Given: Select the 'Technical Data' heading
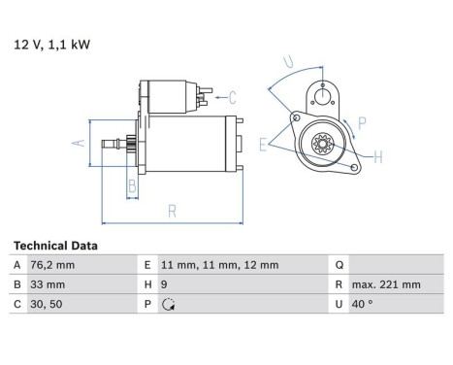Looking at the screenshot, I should [x=55, y=247].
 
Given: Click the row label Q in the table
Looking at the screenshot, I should [x=338, y=265].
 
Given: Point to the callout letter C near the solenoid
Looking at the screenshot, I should [x=232, y=96].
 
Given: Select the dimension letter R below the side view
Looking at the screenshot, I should [x=171, y=209].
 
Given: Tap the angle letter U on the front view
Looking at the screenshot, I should [x=286, y=63].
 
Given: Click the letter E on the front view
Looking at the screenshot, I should [x=263, y=145].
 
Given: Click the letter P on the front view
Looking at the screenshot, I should [x=361, y=123].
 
